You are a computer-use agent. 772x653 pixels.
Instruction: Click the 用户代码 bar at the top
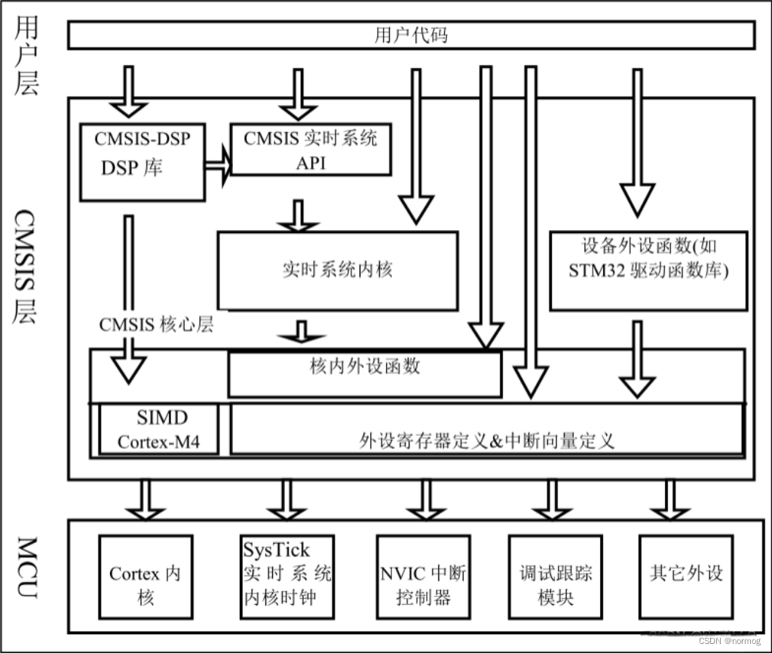coord(411,35)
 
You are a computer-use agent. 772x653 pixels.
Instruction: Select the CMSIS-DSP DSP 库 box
coord(142,163)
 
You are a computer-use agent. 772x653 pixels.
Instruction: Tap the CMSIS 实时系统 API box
coord(311,150)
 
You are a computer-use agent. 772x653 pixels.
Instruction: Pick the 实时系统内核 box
coord(337,270)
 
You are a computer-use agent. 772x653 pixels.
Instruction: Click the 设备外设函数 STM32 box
coord(648,270)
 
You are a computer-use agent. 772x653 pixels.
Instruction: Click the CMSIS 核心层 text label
coord(156,325)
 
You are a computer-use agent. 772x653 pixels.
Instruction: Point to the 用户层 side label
coord(26,57)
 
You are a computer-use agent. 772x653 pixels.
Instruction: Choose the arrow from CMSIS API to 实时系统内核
coord(299,216)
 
